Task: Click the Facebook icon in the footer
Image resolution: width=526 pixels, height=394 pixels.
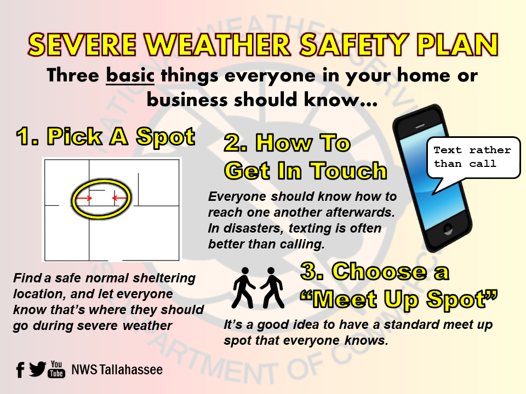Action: pos(20,370)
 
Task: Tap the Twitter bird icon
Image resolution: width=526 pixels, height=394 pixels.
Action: pos(37,369)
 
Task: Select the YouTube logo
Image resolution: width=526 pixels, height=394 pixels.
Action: pos(56,369)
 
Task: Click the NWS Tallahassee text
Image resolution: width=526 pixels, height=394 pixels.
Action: pos(117,370)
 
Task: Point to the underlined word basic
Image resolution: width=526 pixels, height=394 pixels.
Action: pos(130,75)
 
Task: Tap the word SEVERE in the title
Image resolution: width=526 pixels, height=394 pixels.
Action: pos(83,44)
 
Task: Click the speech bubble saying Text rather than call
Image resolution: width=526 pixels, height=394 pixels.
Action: pos(473,161)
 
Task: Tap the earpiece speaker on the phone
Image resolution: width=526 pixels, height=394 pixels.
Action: pos(420,126)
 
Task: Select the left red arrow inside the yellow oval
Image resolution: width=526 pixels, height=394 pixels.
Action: pos(83,198)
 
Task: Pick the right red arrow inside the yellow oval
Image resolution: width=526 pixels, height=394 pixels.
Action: pos(119,198)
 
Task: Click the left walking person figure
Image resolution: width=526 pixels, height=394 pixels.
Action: pos(244,287)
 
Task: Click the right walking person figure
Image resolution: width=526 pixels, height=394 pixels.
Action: pos(272,287)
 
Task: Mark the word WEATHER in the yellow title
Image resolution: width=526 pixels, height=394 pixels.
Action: pos(218,44)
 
